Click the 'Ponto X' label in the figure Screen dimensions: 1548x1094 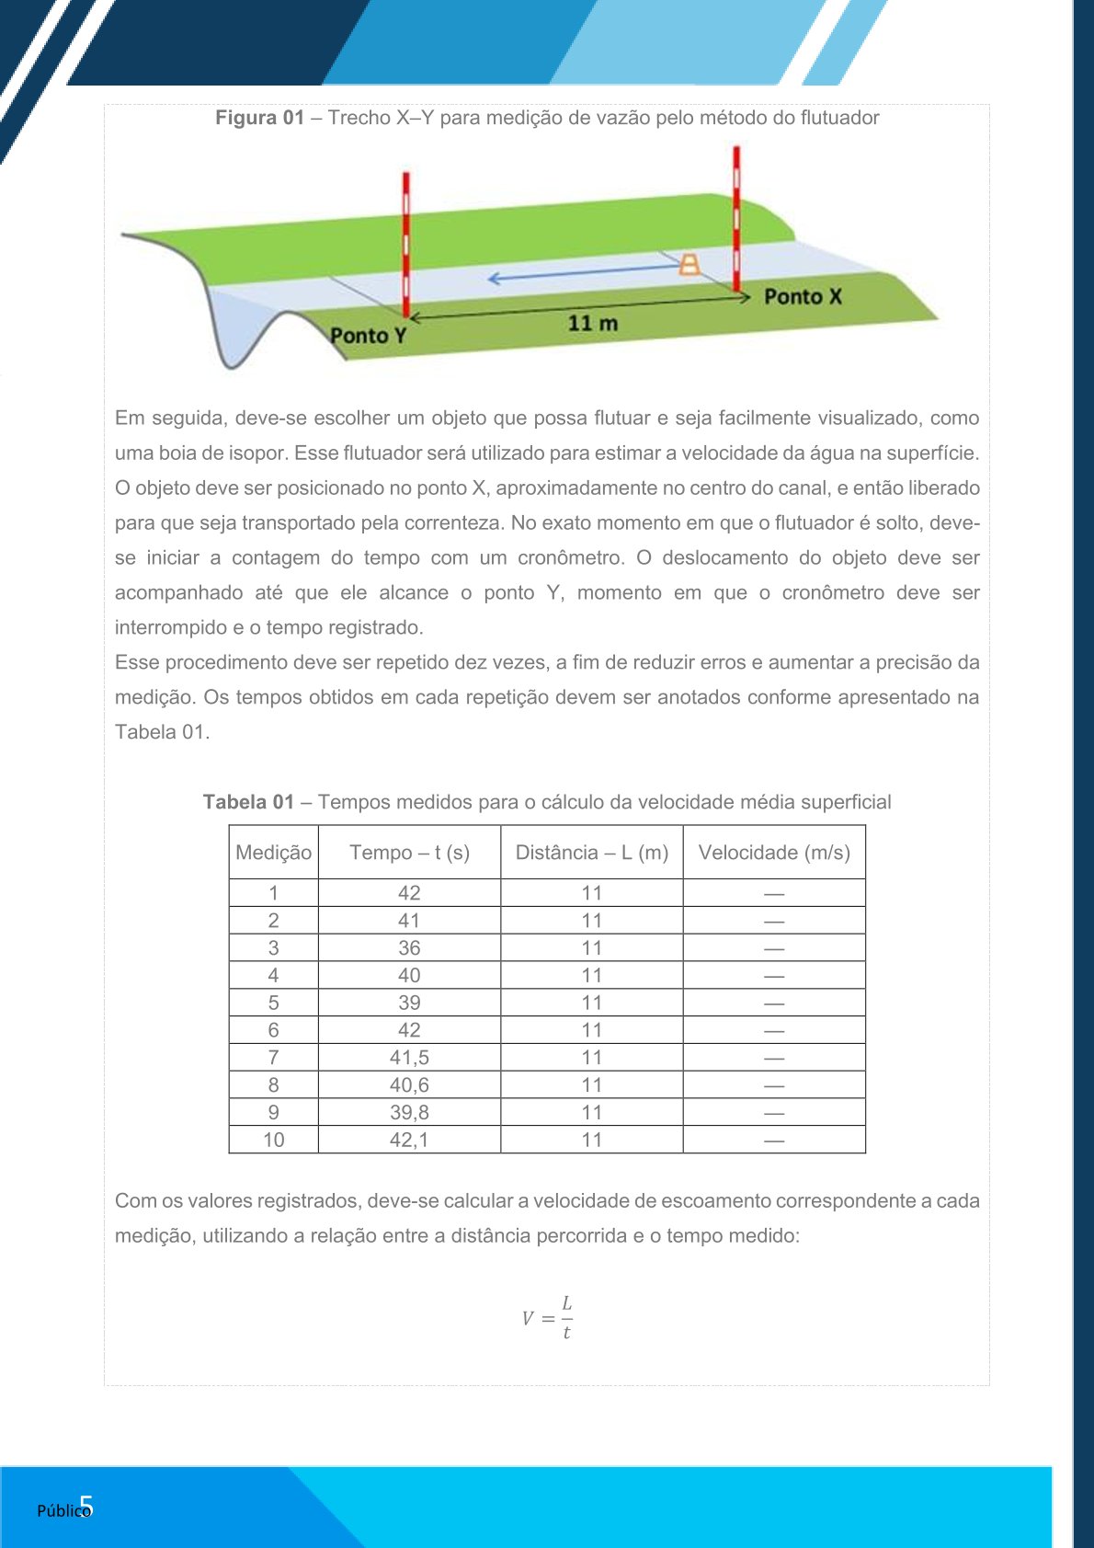(803, 297)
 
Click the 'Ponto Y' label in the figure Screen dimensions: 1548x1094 (368, 336)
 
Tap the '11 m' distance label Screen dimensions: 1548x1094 (592, 324)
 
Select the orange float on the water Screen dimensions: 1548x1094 (689, 265)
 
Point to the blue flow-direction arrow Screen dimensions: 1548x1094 (584, 273)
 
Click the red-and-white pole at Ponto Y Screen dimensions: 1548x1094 (406, 244)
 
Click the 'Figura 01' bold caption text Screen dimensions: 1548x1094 (259, 118)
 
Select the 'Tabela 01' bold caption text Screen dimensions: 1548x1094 (248, 802)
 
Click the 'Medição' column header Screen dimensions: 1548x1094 (273, 853)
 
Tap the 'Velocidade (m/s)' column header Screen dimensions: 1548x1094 (774, 853)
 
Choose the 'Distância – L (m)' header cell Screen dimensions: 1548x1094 (592, 853)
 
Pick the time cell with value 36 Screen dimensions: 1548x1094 (409, 948)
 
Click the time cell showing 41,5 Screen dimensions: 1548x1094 (409, 1058)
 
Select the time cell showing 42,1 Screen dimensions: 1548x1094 (409, 1141)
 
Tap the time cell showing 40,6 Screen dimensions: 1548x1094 (409, 1085)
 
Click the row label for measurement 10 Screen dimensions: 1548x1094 (273, 1141)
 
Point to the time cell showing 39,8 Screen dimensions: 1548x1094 (409, 1113)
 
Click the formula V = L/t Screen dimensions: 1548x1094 (548, 1318)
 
